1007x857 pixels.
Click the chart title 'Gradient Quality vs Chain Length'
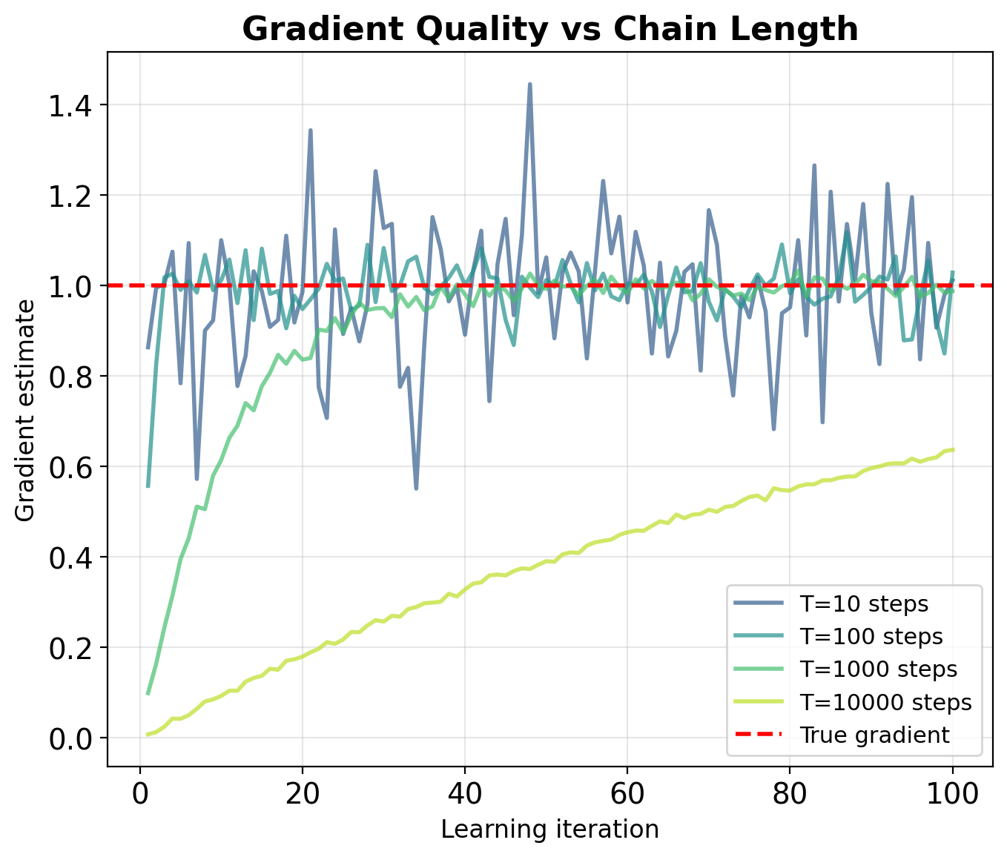point(550,30)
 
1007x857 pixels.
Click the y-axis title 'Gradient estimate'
point(25,410)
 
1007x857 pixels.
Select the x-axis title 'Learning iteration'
point(550,829)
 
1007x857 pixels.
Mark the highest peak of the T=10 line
point(529,84)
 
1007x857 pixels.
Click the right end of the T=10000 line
point(953,449)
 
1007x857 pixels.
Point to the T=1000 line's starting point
point(148,694)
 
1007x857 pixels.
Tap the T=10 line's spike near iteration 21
point(310,130)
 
